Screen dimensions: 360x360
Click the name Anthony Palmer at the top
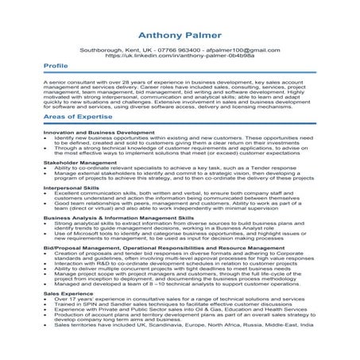[x=180, y=36]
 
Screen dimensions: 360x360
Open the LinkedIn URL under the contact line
[x=179, y=56]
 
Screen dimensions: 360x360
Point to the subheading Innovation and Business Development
[x=87, y=132]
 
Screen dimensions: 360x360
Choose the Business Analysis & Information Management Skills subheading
[x=118, y=217]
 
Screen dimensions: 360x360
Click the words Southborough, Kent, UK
[x=108, y=50]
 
